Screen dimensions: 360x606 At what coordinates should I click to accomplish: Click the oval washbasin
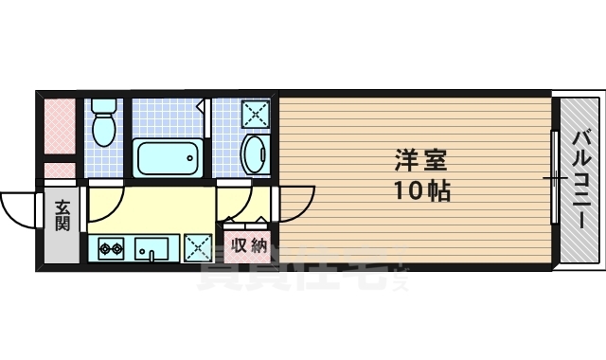(x=255, y=154)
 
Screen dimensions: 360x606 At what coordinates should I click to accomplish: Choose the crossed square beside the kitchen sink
(x=198, y=247)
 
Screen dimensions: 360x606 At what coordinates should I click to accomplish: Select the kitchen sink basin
(x=151, y=247)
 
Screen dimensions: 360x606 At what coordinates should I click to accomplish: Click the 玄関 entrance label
(x=62, y=215)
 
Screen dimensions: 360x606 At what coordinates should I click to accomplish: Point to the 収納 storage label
(x=249, y=245)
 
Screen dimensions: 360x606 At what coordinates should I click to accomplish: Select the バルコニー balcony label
(x=579, y=180)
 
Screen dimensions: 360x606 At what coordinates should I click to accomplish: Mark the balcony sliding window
(x=554, y=179)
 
